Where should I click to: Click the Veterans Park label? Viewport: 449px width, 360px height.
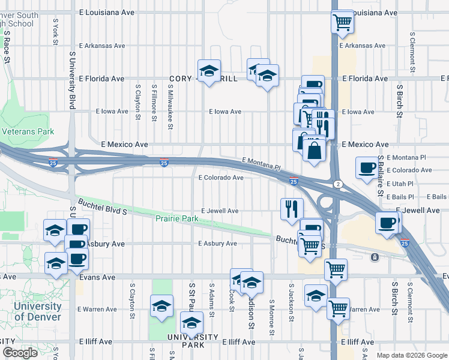click(x=28, y=131)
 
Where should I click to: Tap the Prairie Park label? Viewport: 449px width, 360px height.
click(x=177, y=219)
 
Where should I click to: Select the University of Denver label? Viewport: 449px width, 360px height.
click(x=37, y=312)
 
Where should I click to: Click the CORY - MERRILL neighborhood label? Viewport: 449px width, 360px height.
click(x=204, y=79)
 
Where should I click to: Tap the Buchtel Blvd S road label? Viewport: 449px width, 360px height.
click(x=101, y=206)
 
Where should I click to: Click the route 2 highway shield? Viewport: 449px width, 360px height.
click(x=339, y=184)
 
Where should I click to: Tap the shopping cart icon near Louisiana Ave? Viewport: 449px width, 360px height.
click(x=342, y=22)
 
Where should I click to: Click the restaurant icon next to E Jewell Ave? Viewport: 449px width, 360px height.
click(x=291, y=208)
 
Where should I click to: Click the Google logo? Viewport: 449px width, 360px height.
click(x=19, y=353)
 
